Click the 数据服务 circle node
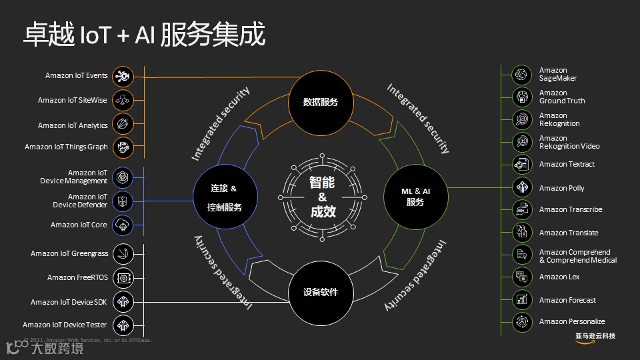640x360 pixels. pos(321,102)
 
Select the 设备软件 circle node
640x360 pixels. pos(321,292)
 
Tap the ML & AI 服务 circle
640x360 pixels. pos(415,197)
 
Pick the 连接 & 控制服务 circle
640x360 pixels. pos(225,197)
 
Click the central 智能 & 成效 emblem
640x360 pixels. pos(322,197)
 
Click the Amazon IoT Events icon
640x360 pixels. pos(123,76)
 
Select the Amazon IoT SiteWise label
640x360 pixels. pos(72,100)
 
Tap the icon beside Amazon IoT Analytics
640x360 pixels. pos(123,124)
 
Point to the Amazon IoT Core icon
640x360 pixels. pos(123,225)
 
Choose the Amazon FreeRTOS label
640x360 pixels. pos(77,277)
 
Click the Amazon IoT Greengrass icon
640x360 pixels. pos(123,253)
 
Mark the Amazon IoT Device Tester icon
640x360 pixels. pos(123,325)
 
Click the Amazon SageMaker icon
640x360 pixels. pos(521,75)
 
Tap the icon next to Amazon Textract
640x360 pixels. pos(521,164)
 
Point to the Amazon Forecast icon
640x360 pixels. pos(521,299)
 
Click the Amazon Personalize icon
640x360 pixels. pos(521,322)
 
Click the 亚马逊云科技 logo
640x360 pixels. pos(595,335)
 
